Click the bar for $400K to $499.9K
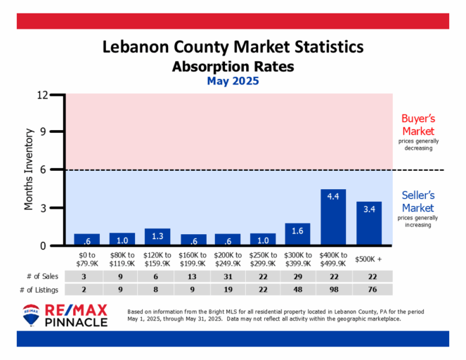coord(333,217)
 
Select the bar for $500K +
coord(369,224)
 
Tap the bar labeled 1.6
coord(298,235)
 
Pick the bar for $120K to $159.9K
coord(157,238)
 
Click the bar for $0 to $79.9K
coord(86,240)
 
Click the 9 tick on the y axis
coord(53,131)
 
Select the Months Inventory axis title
coord(30,169)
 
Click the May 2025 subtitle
coord(233,82)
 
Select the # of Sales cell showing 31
coord(228,276)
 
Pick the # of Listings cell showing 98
coord(333,290)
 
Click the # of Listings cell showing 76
coord(368,290)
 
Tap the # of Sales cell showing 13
coord(193,276)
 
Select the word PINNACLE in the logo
coord(76,322)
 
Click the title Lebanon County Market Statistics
coord(233,48)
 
